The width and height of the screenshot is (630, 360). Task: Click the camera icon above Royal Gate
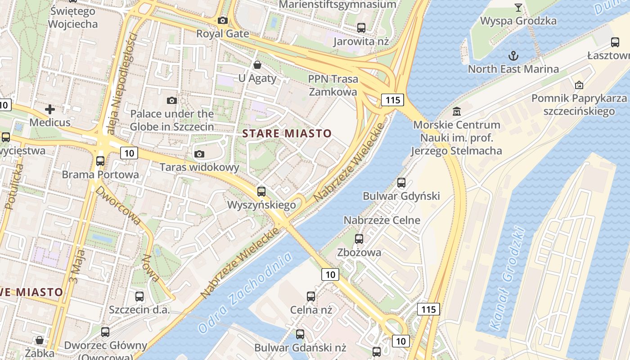click(222, 20)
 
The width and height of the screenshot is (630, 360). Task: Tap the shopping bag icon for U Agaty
click(257, 65)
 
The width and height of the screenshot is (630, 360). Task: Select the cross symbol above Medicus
click(50, 109)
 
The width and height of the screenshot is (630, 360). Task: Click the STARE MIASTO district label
click(287, 134)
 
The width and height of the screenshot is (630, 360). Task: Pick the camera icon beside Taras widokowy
click(199, 154)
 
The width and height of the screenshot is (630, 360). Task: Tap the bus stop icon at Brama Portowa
click(100, 161)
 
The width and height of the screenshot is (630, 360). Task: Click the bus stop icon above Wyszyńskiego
click(261, 192)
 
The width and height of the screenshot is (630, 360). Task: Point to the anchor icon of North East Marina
click(513, 56)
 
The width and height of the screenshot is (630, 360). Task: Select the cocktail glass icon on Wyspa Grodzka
click(518, 7)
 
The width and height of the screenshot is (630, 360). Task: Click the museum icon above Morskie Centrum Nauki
click(457, 111)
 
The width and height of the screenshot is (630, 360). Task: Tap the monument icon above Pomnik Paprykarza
click(579, 85)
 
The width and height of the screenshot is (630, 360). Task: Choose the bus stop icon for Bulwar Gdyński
click(401, 183)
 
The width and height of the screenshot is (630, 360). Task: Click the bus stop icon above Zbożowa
click(359, 239)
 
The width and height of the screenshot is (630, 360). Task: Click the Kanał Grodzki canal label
click(507, 279)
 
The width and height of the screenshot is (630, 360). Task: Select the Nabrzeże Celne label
click(382, 220)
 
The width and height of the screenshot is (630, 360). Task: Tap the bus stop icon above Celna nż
click(311, 297)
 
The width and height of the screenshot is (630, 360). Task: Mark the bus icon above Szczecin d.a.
click(139, 297)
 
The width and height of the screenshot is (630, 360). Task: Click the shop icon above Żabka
click(40, 340)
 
